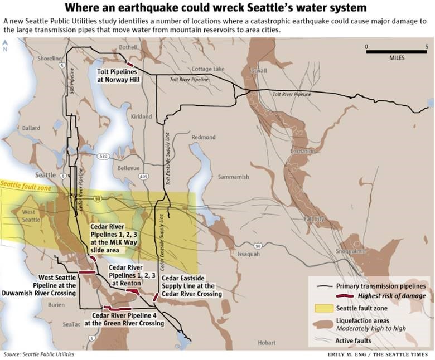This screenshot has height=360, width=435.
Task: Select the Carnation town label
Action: tap(303, 152)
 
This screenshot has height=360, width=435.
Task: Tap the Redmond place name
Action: tap(203, 137)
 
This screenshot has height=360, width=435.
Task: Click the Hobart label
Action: tap(267, 343)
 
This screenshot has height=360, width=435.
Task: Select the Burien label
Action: tap(56, 305)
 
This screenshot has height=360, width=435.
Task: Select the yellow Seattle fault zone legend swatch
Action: tap(321, 308)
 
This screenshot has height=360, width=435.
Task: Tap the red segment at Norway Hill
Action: tap(130, 65)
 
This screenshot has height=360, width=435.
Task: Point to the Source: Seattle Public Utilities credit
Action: tap(38, 354)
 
